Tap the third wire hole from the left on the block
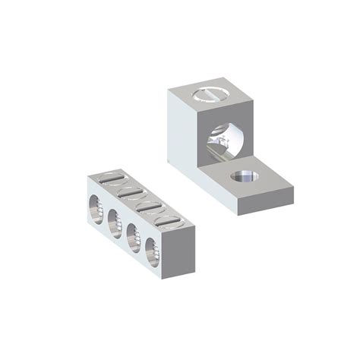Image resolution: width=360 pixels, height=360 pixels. pos(132,234)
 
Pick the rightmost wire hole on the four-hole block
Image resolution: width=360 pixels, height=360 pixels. pos(150,248)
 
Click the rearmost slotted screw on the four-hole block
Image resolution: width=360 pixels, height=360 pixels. pos(111,179)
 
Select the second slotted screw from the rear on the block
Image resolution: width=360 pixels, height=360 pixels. pos(130,192)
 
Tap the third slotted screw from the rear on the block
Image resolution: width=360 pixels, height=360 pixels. pos(149,205)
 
